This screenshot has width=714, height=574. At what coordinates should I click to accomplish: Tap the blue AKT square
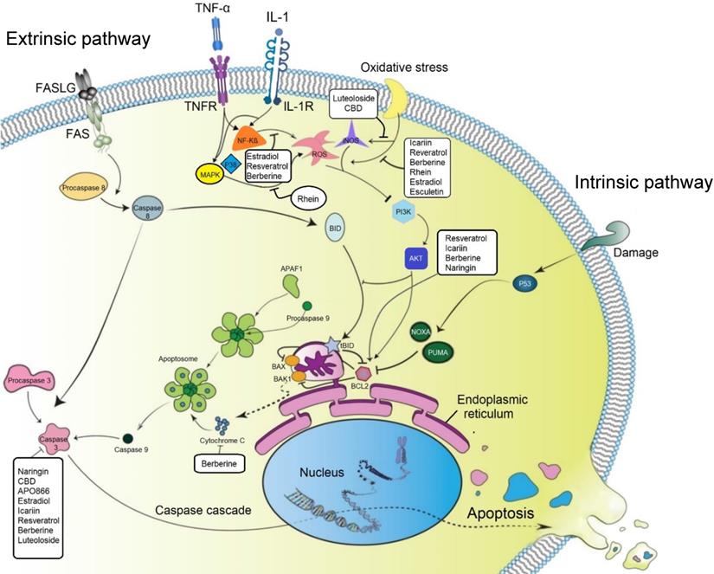coord(415,257)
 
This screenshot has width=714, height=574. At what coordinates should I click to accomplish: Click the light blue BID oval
coord(337,230)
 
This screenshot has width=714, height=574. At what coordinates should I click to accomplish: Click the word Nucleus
coord(322,473)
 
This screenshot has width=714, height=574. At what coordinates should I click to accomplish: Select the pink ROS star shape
coord(317,141)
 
